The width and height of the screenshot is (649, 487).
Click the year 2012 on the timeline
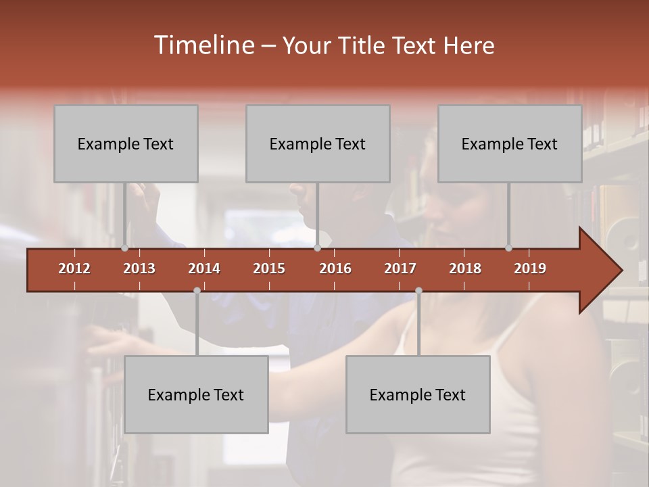click(74, 269)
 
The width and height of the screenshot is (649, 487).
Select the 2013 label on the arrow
click(139, 269)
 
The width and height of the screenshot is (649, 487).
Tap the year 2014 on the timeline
click(204, 269)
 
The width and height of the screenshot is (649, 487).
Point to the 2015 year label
click(269, 269)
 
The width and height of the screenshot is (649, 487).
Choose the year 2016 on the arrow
click(335, 269)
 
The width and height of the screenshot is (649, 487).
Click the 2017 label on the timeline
click(400, 269)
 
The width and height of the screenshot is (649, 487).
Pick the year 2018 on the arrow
click(465, 269)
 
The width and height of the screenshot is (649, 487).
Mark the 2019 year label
click(530, 269)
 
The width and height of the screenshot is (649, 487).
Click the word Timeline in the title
click(203, 45)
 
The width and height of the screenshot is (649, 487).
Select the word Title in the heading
click(364, 46)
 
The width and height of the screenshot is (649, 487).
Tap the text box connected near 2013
click(126, 143)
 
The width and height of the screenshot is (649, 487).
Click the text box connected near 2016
click(318, 143)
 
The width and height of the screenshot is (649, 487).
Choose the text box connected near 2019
click(510, 143)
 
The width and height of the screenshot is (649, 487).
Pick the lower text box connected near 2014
click(196, 394)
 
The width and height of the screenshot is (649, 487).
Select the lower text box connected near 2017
click(418, 394)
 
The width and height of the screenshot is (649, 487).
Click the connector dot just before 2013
click(125, 248)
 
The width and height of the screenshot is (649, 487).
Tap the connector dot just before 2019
click(509, 248)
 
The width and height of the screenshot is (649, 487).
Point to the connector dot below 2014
click(197, 290)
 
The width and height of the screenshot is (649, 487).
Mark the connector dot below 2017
click(418, 290)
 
